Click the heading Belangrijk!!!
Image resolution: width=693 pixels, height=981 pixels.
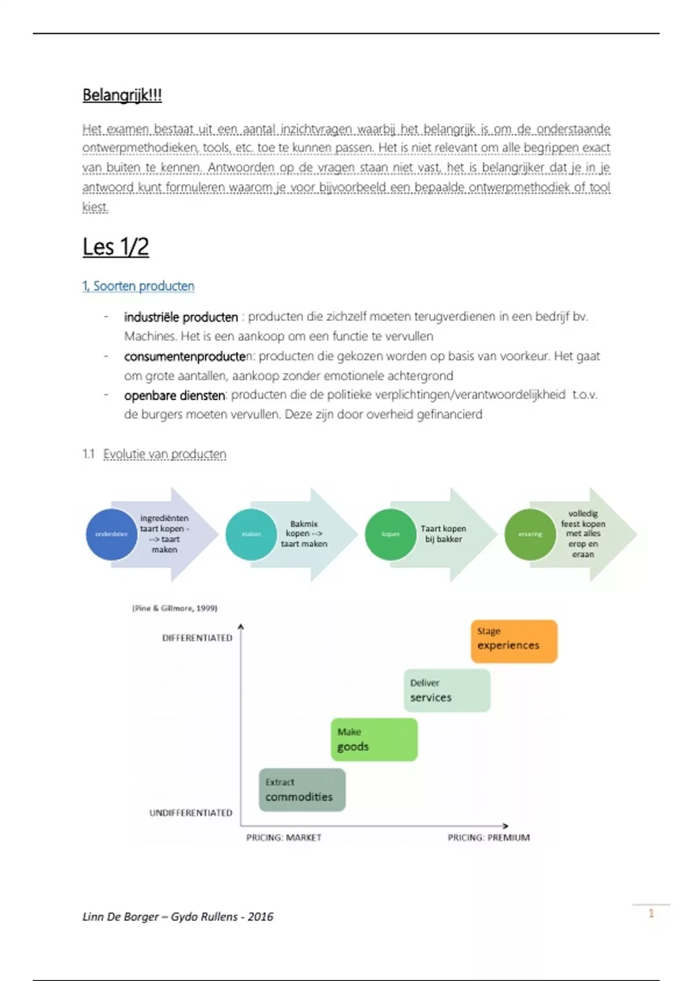(122, 95)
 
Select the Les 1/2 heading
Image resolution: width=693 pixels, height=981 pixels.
(115, 247)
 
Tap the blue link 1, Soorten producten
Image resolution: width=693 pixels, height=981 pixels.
(138, 286)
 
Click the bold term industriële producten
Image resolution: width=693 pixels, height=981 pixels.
(181, 317)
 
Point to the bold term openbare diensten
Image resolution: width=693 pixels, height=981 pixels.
(174, 395)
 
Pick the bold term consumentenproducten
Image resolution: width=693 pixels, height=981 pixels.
(185, 356)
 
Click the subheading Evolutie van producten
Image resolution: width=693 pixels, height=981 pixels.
(165, 454)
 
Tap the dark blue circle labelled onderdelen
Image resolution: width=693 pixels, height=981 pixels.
(111, 534)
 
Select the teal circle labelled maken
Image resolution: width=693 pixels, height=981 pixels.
(251, 534)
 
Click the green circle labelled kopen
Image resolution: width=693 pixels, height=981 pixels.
(390, 534)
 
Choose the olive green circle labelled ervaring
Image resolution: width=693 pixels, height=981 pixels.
(530, 534)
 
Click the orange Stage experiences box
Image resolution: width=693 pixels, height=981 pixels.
(514, 641)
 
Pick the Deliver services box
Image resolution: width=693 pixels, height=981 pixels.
(446, 690)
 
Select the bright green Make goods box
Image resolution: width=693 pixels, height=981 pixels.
(374, 739)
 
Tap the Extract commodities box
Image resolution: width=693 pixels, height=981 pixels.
(302, 789)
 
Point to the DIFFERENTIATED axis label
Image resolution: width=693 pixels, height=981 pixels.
(197, 638)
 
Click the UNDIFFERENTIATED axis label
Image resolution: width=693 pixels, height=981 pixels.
(191, 812)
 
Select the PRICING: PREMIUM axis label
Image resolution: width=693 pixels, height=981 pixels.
(489, 837)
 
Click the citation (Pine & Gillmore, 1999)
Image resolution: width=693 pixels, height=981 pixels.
(174, 608)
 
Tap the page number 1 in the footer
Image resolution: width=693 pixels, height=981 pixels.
(651, 913)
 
